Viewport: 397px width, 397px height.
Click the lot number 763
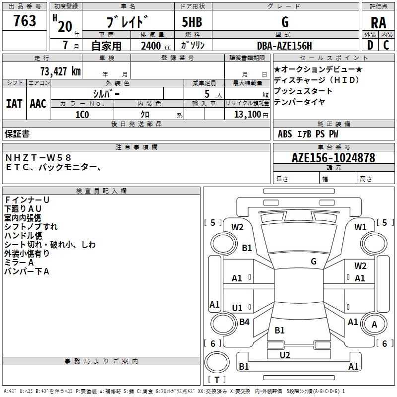coord(24,20)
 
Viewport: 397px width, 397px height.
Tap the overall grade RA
coord(378,23)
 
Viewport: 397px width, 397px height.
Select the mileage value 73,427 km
coord(60,71)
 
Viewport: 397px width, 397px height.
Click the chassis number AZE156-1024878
coord(333,157)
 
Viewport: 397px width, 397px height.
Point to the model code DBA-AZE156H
coord(284,46)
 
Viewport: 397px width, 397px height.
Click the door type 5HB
coord(192,22)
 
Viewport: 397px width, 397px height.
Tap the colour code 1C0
coord(82,115)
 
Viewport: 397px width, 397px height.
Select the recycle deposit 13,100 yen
coord(251,115)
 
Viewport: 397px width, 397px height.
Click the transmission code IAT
coord(14,104)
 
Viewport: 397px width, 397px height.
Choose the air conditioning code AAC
coord(38,104)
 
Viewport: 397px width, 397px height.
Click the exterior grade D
coord(370,45)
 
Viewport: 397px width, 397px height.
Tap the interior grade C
coord(386,45)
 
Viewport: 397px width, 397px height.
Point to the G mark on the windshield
coord(314,261)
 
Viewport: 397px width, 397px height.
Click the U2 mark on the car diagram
coord(285,355)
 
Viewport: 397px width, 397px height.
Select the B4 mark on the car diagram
coord(244,322)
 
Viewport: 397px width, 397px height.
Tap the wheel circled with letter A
coord(374,324)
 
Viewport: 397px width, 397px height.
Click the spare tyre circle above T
coord(217,362)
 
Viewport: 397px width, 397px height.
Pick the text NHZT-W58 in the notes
coord(38,157)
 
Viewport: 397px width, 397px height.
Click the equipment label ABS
coord(285,134)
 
